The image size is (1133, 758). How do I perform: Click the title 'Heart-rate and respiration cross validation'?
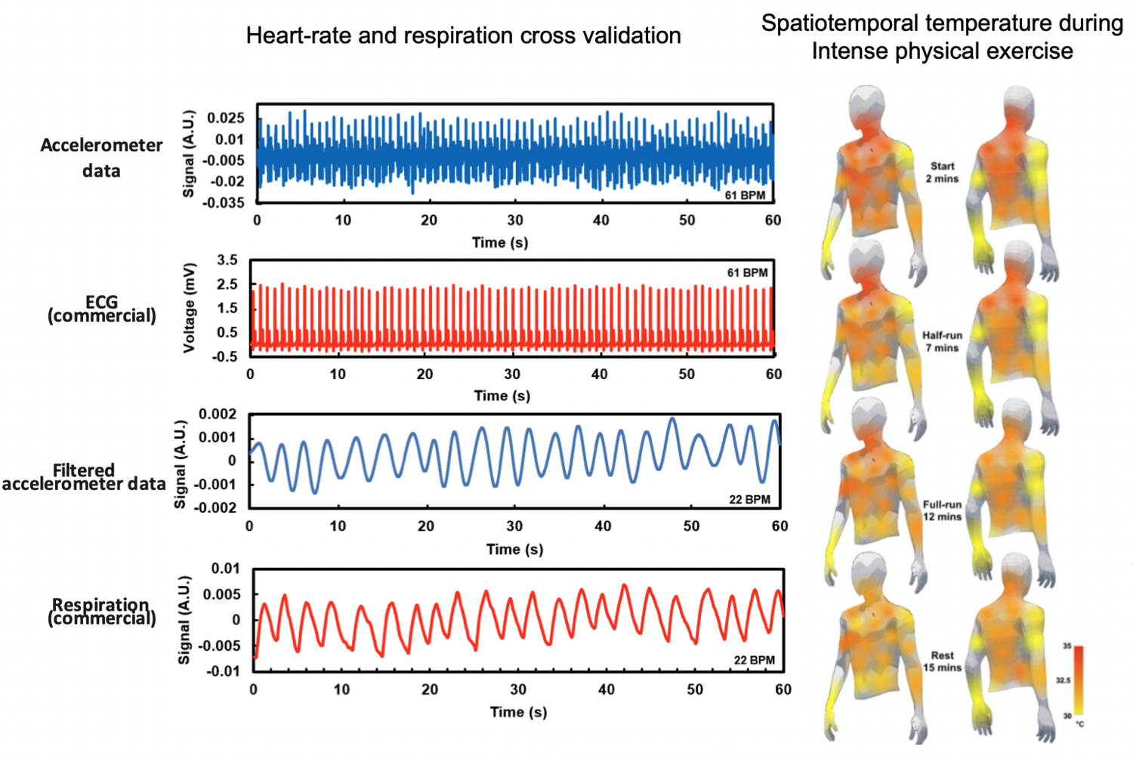coord(463,35)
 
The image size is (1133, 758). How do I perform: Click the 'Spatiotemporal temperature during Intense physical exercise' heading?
coord(942,37)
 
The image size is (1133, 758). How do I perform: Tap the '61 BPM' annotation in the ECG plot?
coord(747,273)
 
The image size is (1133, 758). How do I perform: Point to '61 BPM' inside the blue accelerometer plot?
coord(745,195)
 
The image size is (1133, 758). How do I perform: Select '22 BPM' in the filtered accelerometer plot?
coord(749,499)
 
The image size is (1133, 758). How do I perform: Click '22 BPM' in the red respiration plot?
coord(754,660)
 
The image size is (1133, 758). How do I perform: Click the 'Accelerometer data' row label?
coord(101,158)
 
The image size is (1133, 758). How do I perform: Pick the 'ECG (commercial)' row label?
coord(101,309)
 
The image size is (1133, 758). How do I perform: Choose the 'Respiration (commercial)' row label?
coord(101,612)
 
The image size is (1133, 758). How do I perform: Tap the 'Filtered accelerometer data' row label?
coord(83,477)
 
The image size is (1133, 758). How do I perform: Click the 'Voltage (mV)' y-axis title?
coord(190,307)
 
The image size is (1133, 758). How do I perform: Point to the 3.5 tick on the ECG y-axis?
coord(227,260)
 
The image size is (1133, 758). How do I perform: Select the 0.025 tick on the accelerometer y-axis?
coord(226,119)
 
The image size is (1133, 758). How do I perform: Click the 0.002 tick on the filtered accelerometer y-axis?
coord(218,414)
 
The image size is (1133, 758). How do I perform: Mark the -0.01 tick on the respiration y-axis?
coord(224,671)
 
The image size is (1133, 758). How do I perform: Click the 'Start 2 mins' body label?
coord(942,172)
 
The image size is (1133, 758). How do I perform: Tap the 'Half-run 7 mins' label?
coord(942,341)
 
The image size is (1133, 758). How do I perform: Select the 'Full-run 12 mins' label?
coord(942,510)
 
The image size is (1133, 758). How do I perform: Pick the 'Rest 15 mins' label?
coord(942,661)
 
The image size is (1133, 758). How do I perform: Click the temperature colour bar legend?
coord(1078,680)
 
